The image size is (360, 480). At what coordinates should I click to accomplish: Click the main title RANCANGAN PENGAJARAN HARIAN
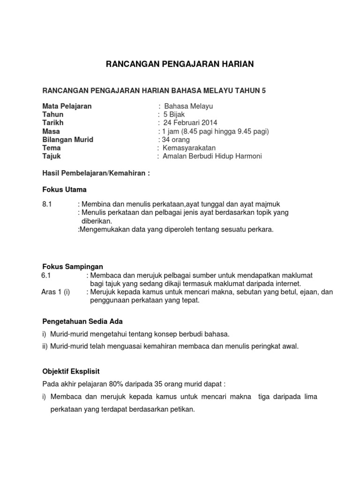pos(180,64)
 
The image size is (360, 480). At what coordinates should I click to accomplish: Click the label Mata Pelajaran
pos(67,106)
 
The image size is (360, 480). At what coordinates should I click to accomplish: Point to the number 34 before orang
pos(166,140)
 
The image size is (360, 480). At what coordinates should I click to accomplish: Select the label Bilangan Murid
pos(68,140)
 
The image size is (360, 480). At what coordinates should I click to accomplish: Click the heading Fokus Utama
pos(64,189)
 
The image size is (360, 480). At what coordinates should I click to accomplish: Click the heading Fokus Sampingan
pos(72,267)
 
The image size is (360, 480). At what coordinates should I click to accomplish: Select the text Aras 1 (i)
pos(56,292)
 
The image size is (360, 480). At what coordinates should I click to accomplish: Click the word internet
pos(286,284)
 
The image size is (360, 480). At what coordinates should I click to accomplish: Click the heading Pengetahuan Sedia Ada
pos(82,322)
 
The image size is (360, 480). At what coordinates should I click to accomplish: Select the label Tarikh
pos(53,123)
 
